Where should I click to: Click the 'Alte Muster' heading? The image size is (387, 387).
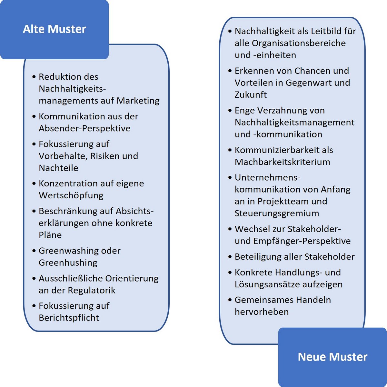55,29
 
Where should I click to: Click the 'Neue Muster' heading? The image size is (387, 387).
332,357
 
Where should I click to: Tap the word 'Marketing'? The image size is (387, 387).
138,101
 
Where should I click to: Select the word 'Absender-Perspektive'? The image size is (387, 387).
84,128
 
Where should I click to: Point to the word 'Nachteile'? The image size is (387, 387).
58,168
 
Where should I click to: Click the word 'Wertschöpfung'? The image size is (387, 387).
71,195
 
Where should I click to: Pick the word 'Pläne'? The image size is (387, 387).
50,235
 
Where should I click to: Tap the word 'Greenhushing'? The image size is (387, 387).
68,263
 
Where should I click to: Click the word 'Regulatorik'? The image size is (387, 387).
92,290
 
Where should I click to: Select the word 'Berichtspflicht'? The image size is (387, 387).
69,318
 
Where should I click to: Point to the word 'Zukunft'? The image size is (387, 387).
251,94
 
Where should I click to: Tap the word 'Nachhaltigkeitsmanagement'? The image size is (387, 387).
295,123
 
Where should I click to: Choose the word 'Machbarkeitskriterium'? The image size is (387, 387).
283,162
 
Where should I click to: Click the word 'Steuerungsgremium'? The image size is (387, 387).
277,213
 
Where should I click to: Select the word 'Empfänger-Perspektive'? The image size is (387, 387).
302,241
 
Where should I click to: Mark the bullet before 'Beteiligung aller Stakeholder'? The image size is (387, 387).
230,257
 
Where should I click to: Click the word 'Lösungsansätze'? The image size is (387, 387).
267,284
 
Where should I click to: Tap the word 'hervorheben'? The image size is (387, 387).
262,312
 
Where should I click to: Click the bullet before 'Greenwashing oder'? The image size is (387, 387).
34,251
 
